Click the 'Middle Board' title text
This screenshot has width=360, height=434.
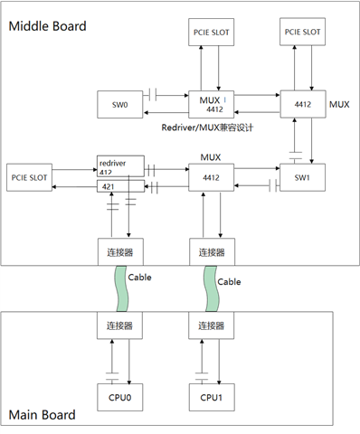tap(48, 26)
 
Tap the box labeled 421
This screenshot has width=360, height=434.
tap(120, 186)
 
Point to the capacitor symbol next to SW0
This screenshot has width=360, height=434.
tap(157, 94)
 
